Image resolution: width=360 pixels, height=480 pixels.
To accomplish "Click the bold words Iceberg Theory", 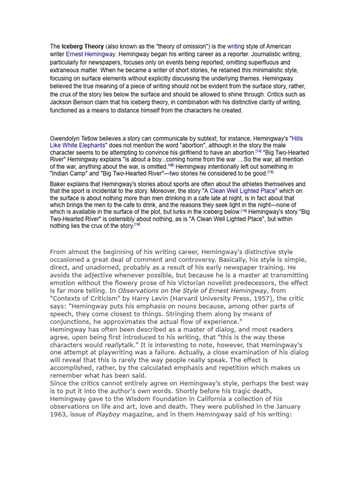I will coord(83,46).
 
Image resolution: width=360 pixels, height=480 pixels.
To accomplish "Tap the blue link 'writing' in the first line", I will coord(236,46).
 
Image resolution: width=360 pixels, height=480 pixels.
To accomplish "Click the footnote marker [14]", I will coord(259,151).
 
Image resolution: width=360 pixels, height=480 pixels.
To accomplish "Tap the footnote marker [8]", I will coord(172,165).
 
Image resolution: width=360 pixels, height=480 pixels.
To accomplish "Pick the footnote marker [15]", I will coord(270,172).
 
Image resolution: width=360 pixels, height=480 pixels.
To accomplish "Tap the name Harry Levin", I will coord(159,299).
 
